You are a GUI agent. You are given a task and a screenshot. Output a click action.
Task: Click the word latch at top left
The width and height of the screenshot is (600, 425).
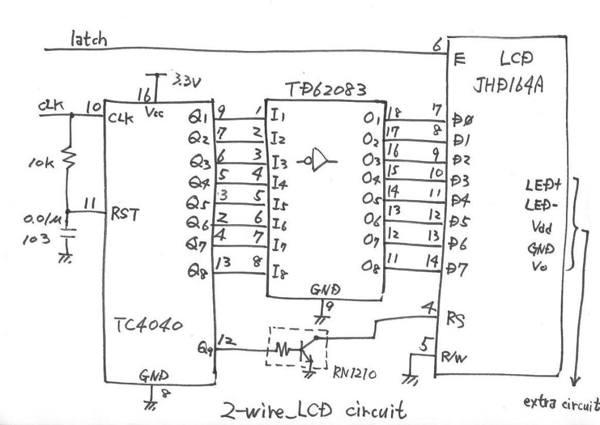click(x=88, y=40)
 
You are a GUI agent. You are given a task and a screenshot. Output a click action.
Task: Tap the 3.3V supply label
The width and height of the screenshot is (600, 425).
click(x=187, y=81)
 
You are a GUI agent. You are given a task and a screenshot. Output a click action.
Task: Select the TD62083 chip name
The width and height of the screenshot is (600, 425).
click(x=326, y=90)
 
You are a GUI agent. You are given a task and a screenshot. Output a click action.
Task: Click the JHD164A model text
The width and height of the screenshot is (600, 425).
click(x=507, y=85)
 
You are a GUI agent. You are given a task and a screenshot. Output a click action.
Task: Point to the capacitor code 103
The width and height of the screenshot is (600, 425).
click(x=36, y=240)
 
